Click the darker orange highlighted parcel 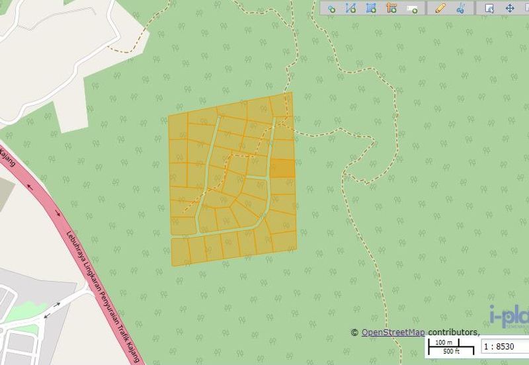282,168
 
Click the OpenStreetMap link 393,332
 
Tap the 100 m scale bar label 444,342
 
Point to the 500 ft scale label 451,351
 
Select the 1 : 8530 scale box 500,346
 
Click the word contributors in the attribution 453,332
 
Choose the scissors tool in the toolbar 461,9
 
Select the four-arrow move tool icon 510,9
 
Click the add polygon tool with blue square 371,9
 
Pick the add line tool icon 351,9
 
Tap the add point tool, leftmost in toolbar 331,9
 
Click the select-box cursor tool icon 490,9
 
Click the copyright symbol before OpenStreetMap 354,333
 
